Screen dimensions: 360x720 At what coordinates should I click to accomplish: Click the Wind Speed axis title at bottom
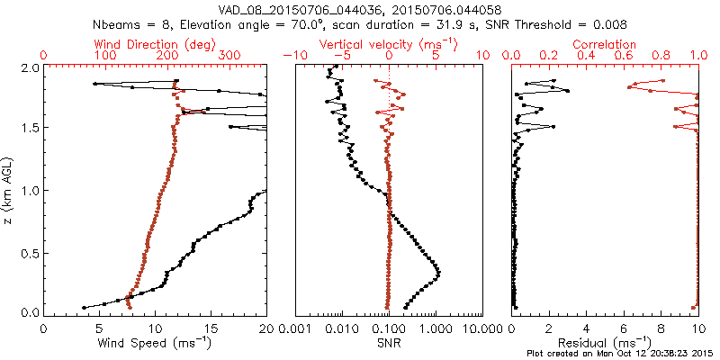(156, 343)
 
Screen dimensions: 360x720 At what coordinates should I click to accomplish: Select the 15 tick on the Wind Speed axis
(211, 328)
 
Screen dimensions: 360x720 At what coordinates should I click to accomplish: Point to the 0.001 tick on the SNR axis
(298, 328)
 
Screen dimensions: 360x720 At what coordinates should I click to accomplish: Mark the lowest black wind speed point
(84, 307)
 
